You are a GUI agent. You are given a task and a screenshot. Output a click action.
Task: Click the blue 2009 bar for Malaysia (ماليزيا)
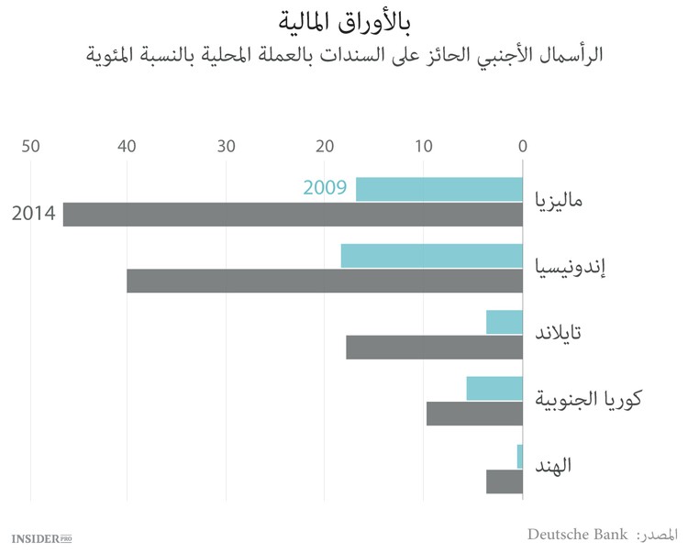[438, 189]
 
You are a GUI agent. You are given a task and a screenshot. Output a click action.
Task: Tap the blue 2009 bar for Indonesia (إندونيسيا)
[431, 256]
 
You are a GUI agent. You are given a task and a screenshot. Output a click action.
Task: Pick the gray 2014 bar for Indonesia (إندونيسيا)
[325, 281]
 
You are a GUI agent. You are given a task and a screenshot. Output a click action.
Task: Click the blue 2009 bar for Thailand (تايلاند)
[504, 322]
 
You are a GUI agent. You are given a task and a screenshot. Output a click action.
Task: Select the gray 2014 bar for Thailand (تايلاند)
[434, 348]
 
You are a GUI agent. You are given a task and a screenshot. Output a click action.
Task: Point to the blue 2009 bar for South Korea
[494, 389]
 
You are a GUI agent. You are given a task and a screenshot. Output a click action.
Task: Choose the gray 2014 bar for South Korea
[474, 414]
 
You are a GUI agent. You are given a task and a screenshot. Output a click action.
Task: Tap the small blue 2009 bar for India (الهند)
[519, 456]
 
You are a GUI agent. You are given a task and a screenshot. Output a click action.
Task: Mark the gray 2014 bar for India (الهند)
[504, 481]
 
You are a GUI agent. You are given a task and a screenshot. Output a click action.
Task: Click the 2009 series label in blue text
[324, 189]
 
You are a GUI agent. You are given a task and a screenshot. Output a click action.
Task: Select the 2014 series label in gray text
[33, 215]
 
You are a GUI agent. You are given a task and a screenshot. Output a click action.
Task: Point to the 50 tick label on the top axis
[30, 146]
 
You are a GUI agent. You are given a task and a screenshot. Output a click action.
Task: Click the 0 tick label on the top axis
[522, 146]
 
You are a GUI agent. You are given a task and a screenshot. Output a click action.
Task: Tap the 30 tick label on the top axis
[227, 146]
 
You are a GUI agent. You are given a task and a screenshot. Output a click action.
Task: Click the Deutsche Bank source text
[577, 534]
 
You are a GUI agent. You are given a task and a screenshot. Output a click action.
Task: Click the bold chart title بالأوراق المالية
[343, 18]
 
